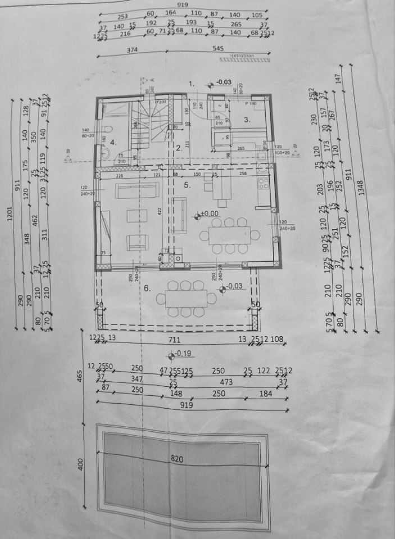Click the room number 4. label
point(113,143)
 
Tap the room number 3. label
point(247,119)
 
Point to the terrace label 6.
point(147,288)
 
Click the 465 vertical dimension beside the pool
point(80,374)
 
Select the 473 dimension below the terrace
point(226,382)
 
